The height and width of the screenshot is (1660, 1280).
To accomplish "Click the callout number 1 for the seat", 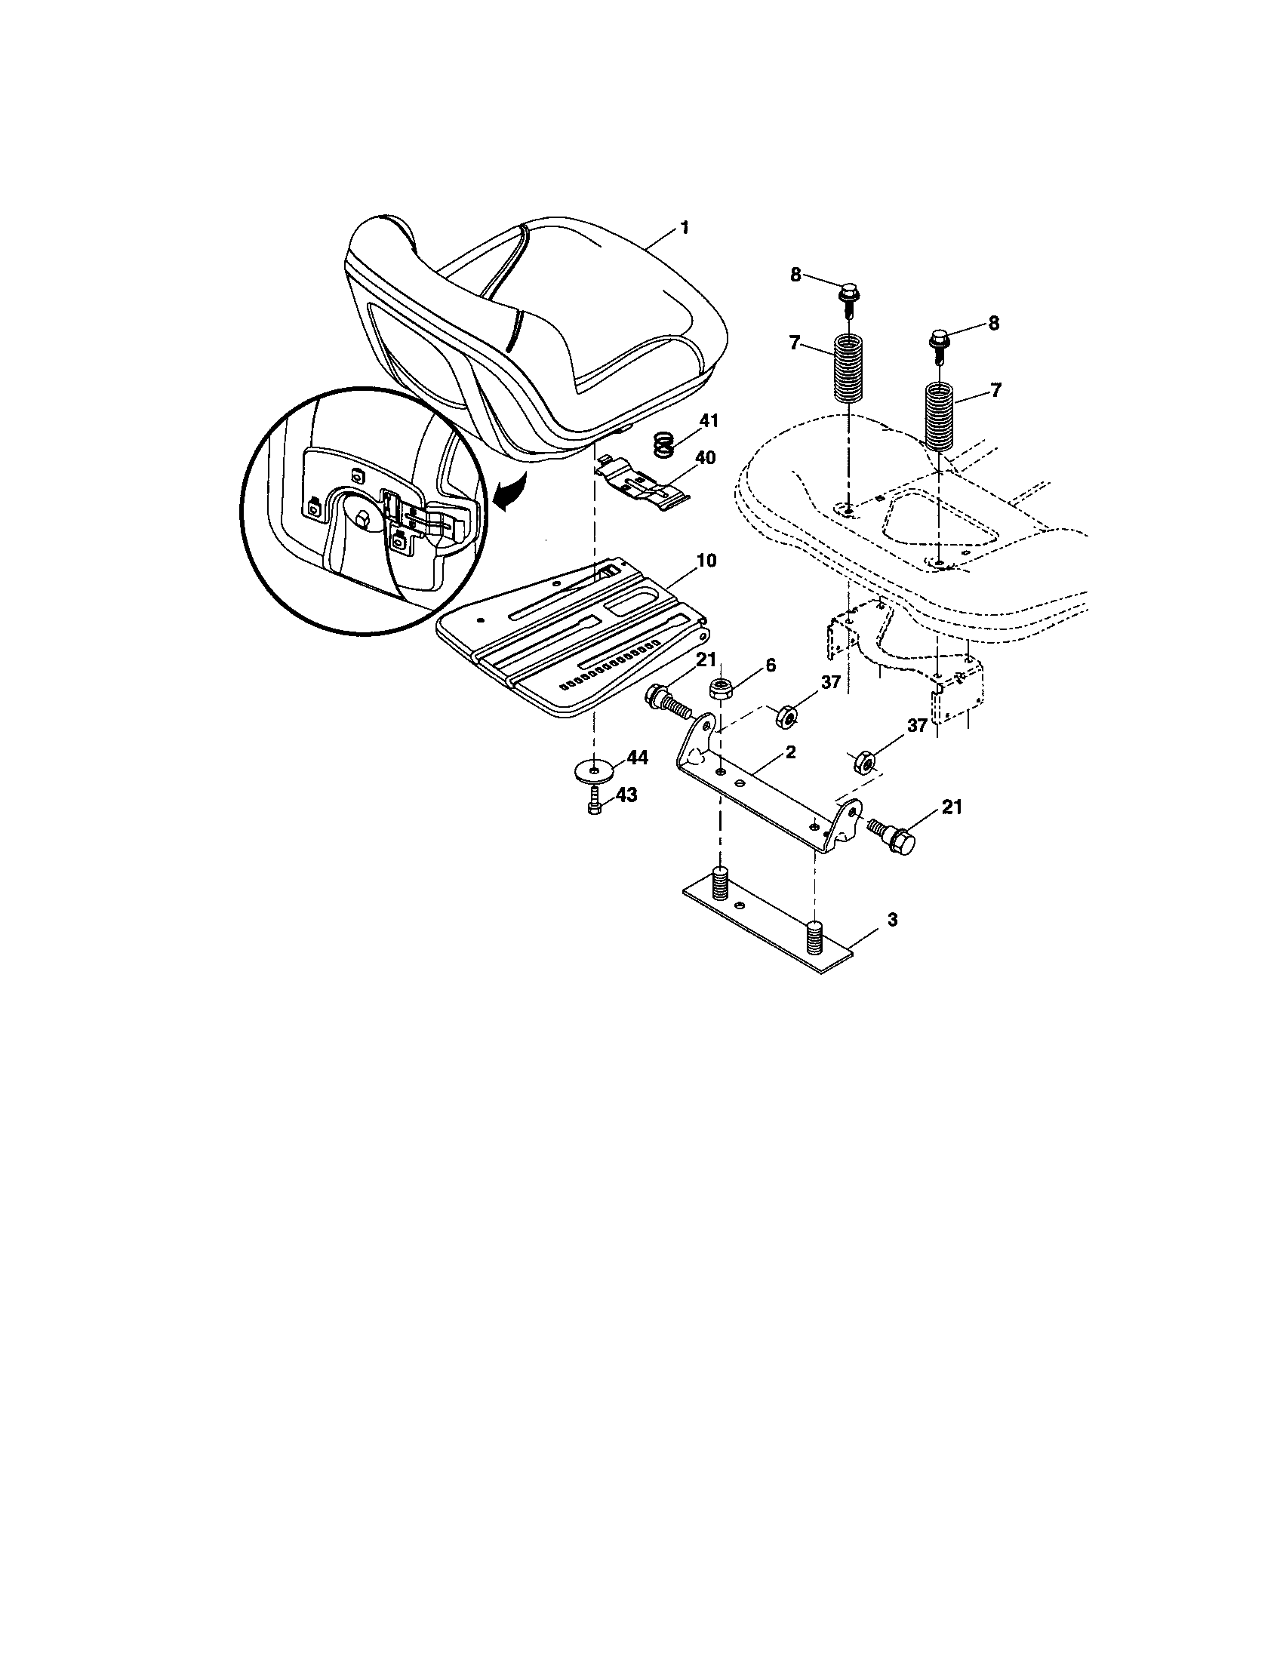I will click(x=684, y=227).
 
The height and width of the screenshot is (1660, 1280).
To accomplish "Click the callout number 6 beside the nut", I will click(x=770, y=665).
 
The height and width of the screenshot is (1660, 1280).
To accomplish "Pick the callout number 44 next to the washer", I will click(x=637, y=758).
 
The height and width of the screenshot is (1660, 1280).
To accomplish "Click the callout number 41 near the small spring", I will click(x=709, y=420).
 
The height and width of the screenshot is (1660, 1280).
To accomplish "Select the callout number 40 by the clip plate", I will click(x=705, y=458).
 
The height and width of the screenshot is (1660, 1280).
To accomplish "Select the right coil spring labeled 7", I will click(x=940, y=418).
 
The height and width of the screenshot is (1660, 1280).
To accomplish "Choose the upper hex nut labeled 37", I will click(x=786, y=715).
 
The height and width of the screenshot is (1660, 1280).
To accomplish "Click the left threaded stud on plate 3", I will click(x=720, y=883).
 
